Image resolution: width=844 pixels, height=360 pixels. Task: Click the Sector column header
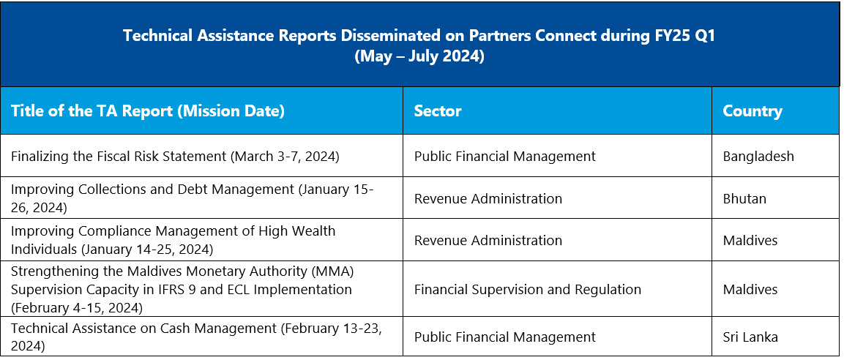pos(438,110)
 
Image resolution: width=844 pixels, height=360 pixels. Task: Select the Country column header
pos(752,110)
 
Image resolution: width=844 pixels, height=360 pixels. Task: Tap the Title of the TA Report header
pos(147,111)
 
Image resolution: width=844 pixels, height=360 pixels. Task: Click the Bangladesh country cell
pos(758,157)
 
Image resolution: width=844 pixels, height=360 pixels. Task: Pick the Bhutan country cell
pos(744,198)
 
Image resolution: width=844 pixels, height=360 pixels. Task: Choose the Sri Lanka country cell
pos(750,337)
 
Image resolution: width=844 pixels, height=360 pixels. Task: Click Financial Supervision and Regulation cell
pos(528,290)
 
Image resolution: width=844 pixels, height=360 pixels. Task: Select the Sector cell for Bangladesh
pos(505,157)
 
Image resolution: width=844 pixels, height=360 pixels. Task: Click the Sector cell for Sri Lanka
pos(505,337)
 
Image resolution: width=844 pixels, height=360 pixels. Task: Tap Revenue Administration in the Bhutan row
pos(488,198)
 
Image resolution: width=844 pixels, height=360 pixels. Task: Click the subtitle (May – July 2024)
pos(420,56)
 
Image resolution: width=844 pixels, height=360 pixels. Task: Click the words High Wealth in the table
pos(296,230)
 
